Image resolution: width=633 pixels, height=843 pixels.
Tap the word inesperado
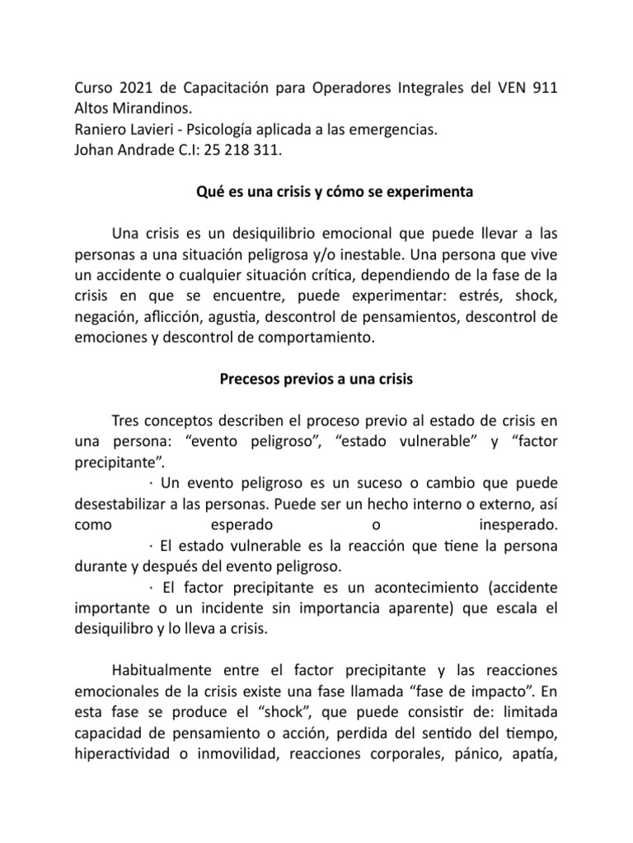(x=518, y=524)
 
